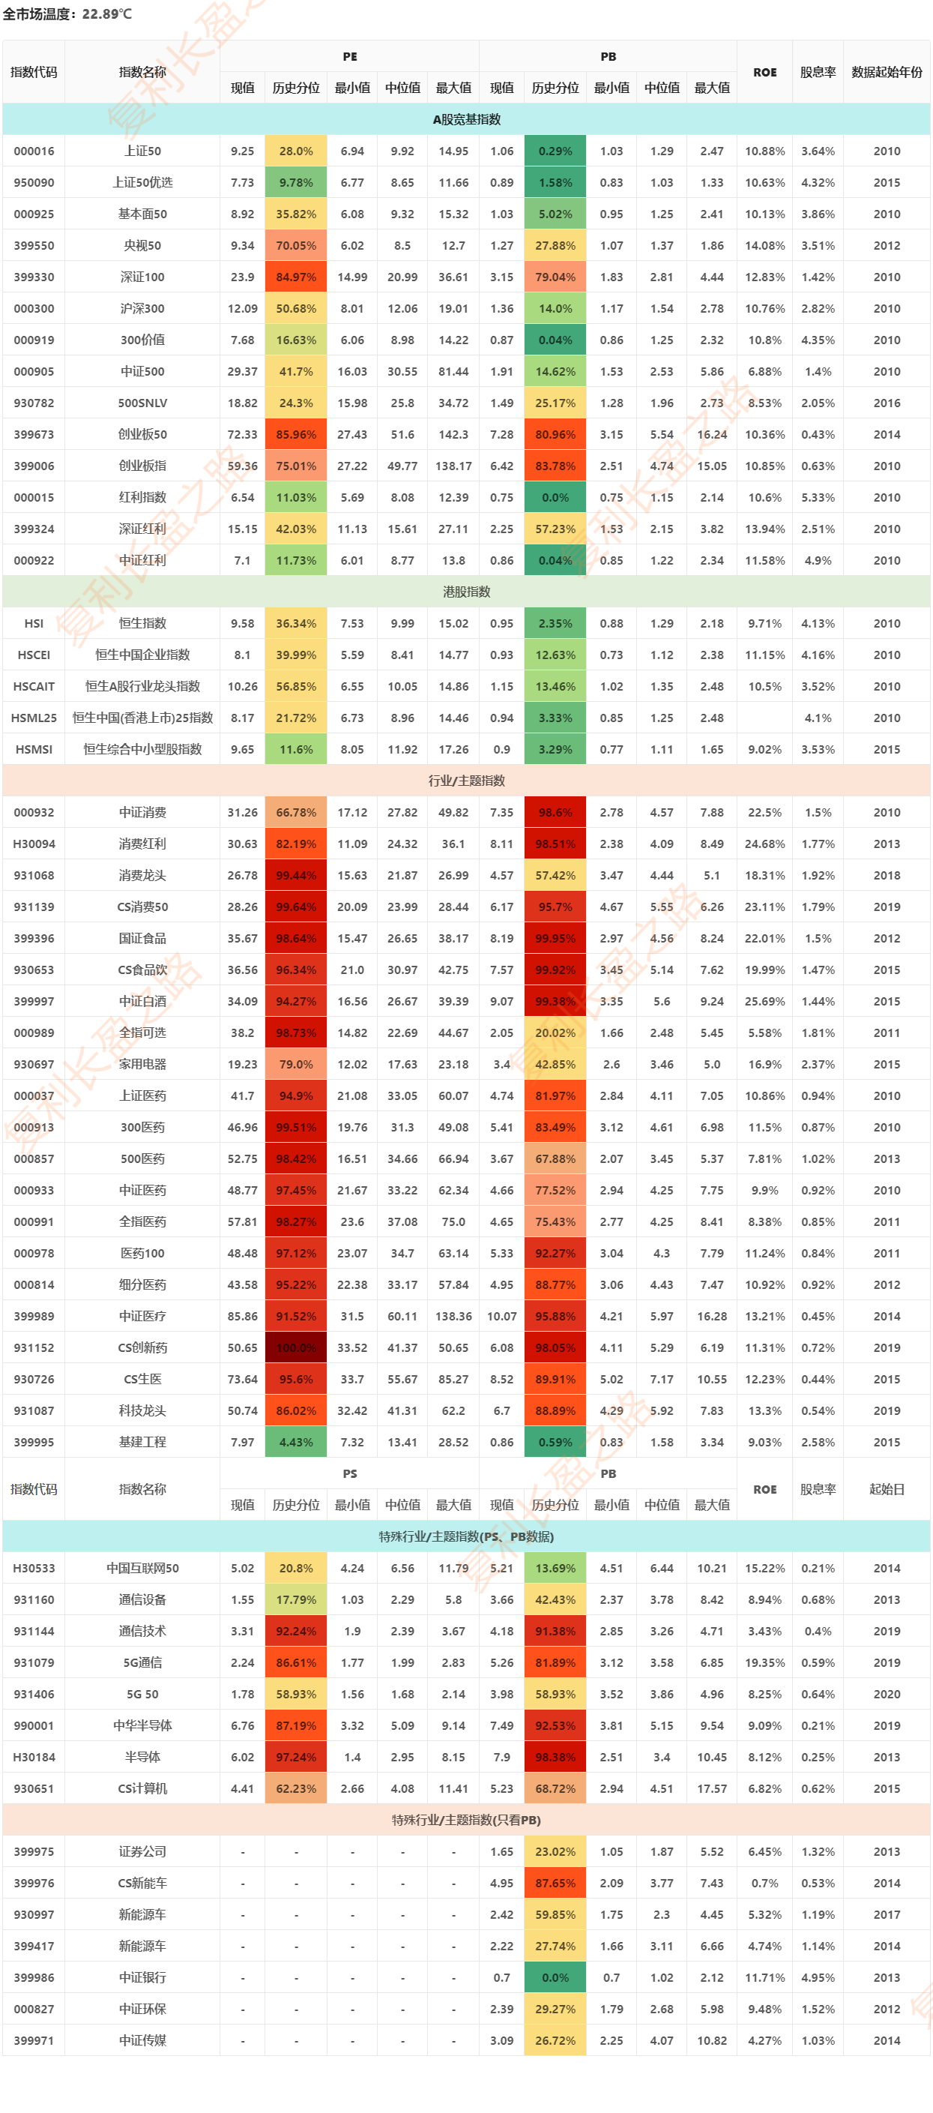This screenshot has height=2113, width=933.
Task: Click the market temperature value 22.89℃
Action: (106, 14)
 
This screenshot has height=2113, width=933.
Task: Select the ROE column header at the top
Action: (764, 72)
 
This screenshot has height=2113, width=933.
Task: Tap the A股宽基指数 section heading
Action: (465, 119)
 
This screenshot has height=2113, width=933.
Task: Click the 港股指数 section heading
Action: (465, 592)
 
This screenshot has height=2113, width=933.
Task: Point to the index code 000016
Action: (34, 151)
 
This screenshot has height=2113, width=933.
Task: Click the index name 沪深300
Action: (142, 308)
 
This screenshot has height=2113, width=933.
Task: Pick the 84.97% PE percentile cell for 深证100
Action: (296, 277)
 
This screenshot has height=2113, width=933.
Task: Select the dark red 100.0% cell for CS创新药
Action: (296, 1347)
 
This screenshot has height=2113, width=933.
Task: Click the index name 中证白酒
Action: (142, 1002)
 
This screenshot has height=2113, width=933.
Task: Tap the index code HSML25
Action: (34, 718)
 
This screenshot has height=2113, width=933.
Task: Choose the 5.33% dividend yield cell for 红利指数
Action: (818, 497)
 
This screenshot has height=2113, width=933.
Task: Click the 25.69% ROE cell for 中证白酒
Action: (764, 1002)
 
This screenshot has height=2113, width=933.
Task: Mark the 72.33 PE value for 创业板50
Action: (242, 435)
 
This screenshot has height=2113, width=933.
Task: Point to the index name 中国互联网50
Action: (142, 1569)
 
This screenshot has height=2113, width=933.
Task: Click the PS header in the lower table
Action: (349, 1474)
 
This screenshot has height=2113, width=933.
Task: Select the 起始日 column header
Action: (887, 1489)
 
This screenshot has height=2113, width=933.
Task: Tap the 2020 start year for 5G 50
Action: (887, 1694)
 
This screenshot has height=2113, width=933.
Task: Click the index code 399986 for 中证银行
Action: (34, 1977)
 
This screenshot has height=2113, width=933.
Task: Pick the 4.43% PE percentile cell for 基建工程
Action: (296, 1442)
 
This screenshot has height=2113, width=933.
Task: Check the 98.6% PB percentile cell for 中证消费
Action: (555, 812)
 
